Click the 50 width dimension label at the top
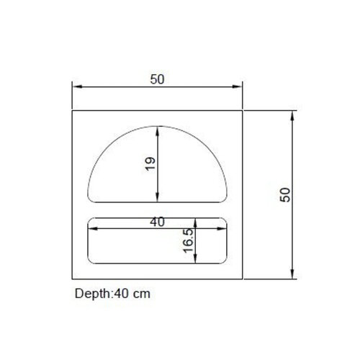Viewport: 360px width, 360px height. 157,79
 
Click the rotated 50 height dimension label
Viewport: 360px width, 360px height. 285,194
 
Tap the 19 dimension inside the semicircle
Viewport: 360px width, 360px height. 150,163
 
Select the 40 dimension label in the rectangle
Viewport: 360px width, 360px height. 157,222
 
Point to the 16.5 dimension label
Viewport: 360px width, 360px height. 189,240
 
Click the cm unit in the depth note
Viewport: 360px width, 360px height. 142,294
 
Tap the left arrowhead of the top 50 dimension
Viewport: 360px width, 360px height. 77,86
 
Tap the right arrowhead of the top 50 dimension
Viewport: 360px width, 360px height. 237,86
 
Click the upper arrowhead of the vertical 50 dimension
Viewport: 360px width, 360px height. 292,116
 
